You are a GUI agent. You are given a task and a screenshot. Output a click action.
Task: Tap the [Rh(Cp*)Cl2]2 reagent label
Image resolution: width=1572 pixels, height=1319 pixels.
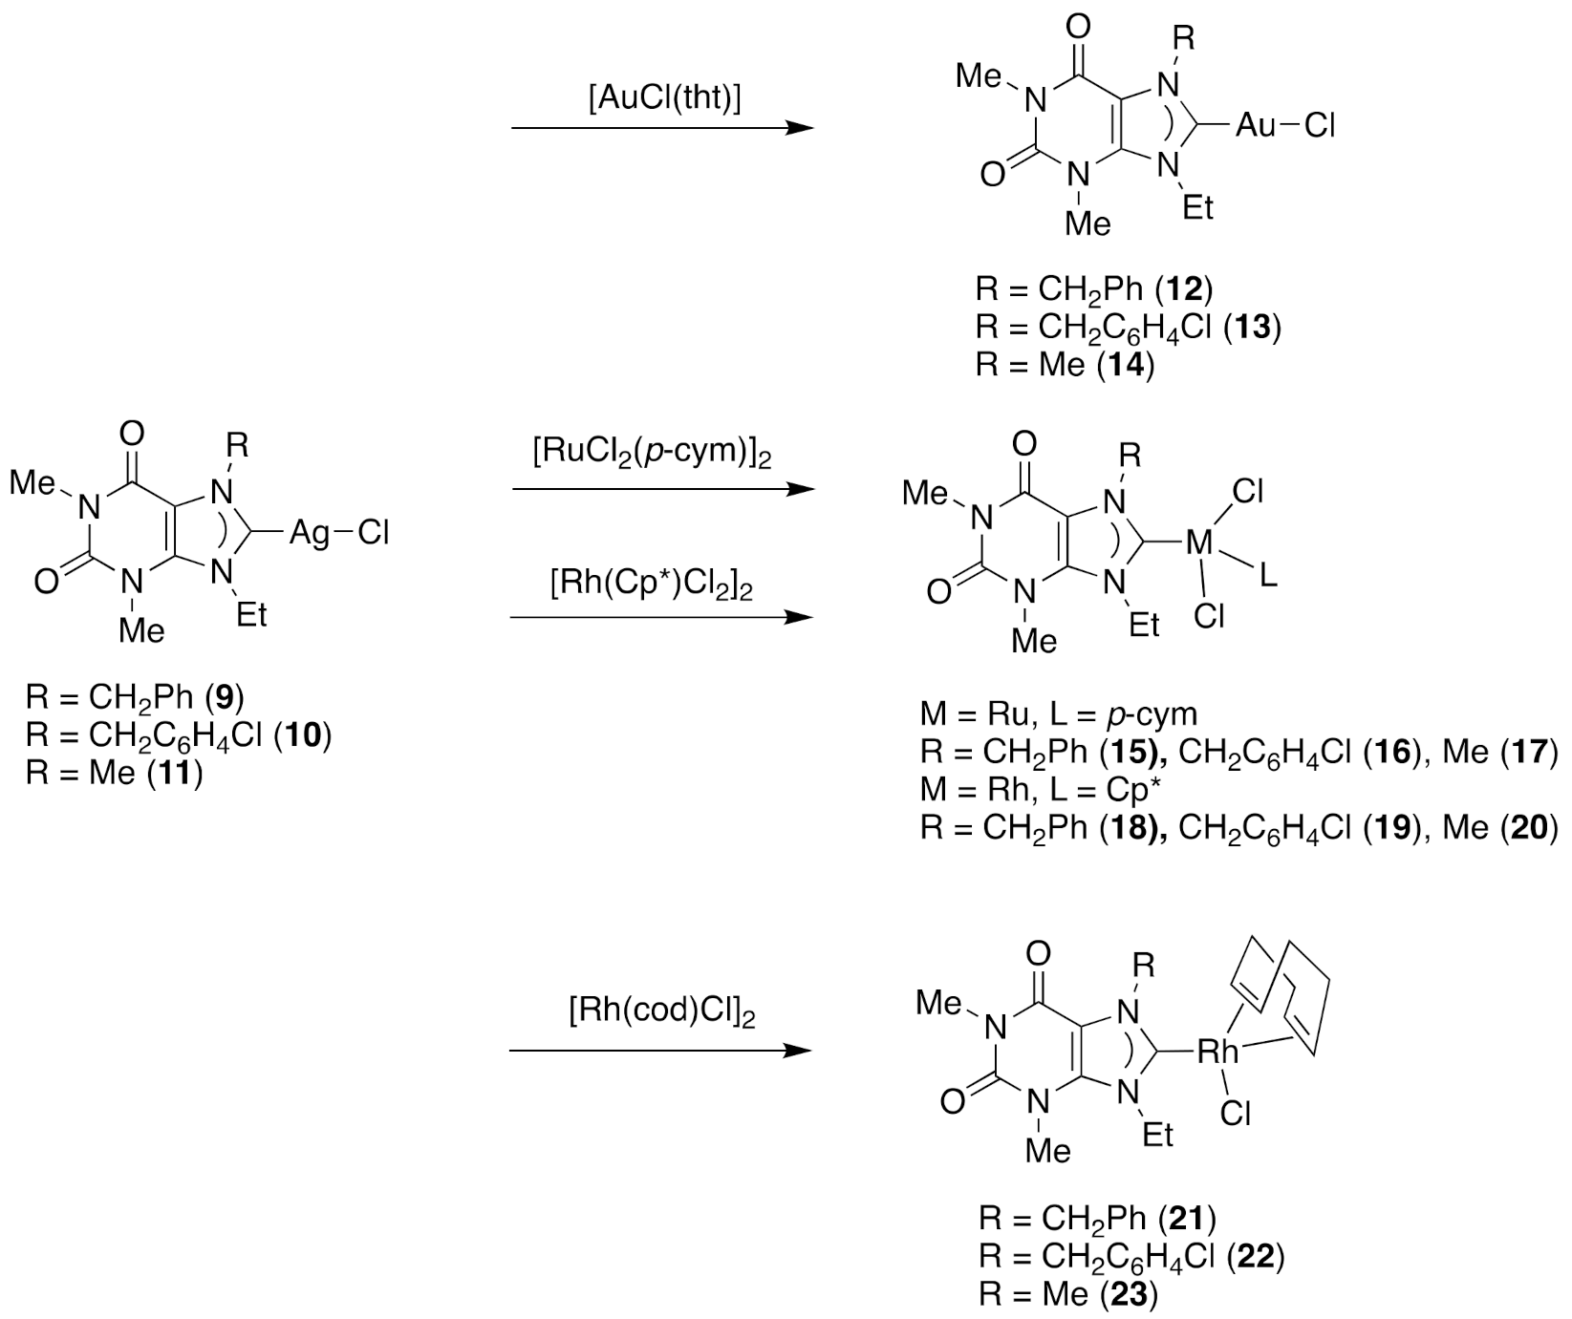pos(652,585)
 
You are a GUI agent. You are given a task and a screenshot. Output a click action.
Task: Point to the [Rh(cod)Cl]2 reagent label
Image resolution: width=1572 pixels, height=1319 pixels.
pos(661,1014)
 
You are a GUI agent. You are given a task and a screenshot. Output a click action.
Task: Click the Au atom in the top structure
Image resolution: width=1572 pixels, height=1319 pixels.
pos(1256,125)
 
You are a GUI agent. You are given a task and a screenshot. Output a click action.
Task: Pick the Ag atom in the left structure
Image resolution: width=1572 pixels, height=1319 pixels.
pos(309,532)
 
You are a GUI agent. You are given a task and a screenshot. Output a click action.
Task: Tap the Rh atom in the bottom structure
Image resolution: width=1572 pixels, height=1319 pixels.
pos(1217,1053)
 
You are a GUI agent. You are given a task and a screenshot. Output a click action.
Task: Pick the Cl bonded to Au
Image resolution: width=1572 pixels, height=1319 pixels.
pos(1319,125)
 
